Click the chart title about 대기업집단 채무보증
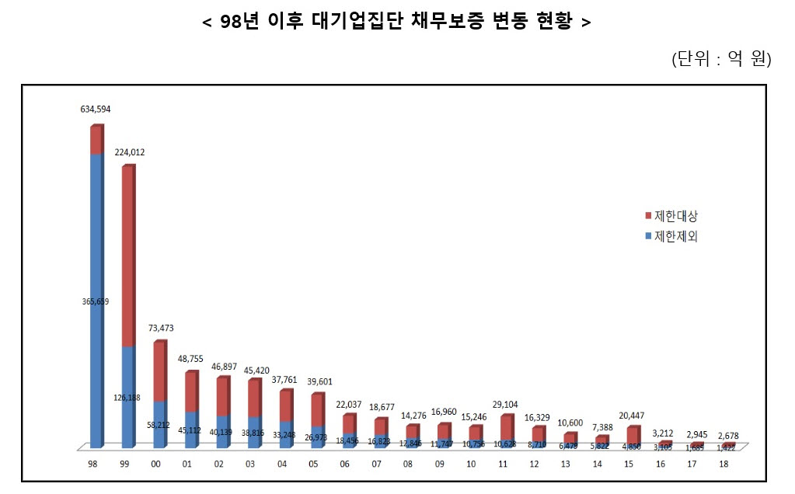[396, 22]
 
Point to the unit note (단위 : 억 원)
[720, 60]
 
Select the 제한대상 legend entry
[671, 215]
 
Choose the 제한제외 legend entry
[671, 236]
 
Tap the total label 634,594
[96, 110]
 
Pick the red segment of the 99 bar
[127, 256]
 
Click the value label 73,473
[159, 329]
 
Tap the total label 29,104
[506, 404]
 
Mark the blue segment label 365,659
[96, 301]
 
